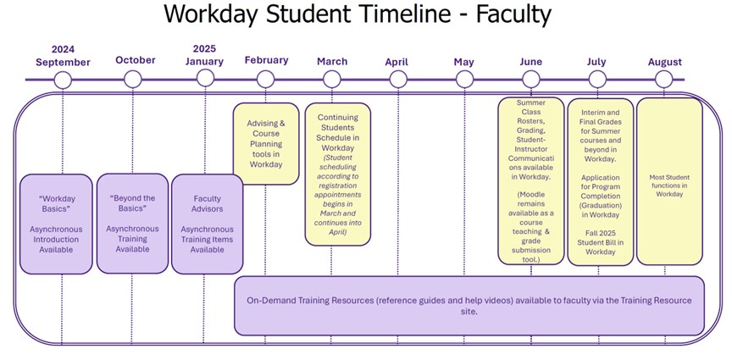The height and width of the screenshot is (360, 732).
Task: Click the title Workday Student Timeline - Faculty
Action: (357, 15)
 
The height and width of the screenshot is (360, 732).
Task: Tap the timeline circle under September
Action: (62, 80)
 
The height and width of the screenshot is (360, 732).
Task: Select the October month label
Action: (136, 60)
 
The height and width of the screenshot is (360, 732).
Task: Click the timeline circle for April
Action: (398, 80)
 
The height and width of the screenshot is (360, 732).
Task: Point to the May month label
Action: (463, 62)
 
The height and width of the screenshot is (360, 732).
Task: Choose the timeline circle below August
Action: (664, 80)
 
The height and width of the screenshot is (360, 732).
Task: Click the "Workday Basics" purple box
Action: (56, 224)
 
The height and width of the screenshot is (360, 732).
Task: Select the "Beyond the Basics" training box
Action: (132, 224)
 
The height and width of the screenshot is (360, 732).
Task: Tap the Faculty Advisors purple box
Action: (207, 224)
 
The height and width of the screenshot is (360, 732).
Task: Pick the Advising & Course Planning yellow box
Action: (266, 144)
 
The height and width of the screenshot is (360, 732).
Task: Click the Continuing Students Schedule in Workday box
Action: (338, 174)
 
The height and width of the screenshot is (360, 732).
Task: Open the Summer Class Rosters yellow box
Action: (531, 180)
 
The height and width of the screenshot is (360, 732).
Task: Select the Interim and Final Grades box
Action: (600, 180)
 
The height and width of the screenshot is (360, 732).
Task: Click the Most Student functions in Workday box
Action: (669, 180)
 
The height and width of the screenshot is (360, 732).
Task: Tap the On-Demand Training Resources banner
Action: (469, 305)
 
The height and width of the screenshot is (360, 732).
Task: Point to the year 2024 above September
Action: (63, 49)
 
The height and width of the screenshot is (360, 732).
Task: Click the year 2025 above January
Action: (204, 49)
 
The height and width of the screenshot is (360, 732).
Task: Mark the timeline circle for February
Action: (265, 80)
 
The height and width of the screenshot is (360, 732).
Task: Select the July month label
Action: (596, 62)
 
